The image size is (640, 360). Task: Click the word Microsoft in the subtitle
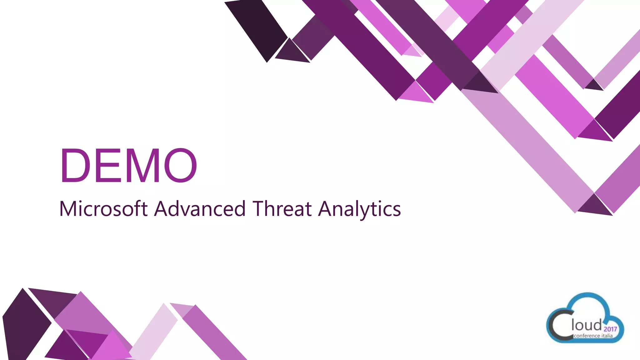103,209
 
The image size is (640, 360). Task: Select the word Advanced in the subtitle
200,209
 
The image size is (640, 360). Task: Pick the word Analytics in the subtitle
359,209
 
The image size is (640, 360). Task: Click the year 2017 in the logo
610,329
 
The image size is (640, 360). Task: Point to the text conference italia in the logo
593,336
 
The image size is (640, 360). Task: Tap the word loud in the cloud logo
587,325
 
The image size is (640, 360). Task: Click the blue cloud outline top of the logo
587,295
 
